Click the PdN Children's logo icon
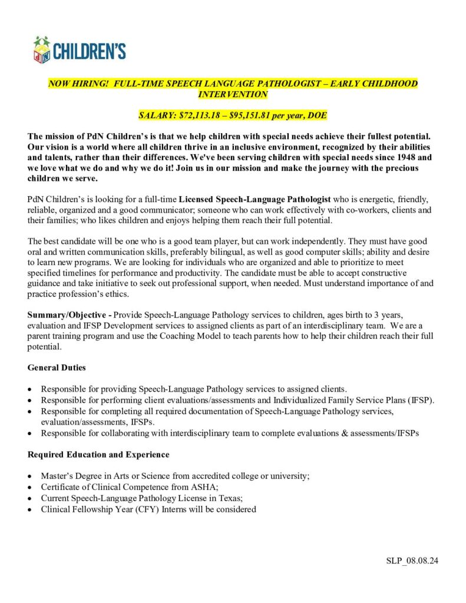42,50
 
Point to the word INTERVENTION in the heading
233,94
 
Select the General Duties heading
57,367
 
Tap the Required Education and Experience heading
98,455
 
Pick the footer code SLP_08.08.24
408,560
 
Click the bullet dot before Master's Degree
31,476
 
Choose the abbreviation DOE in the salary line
316,114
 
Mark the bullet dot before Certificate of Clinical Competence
31,488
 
